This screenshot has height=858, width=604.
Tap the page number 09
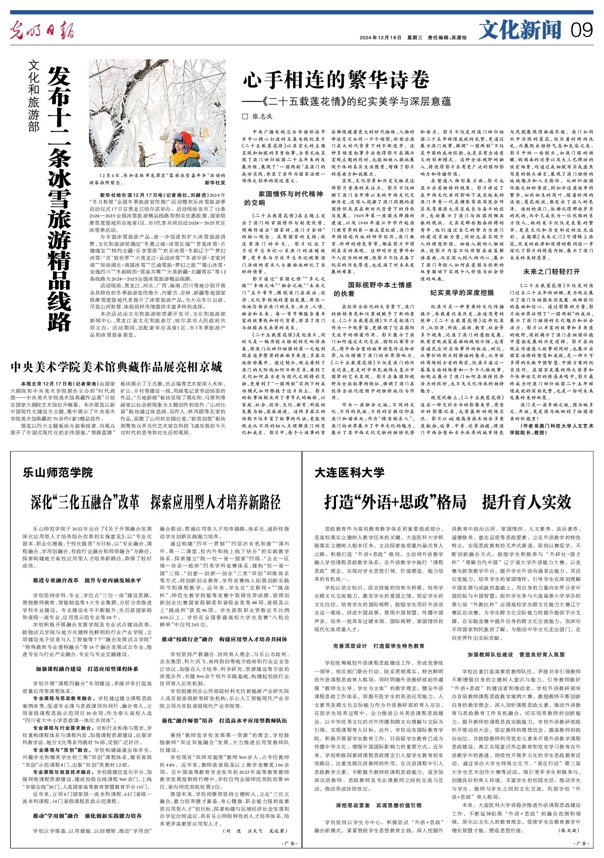582,30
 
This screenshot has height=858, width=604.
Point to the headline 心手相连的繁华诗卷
336,79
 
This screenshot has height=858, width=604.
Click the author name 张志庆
262,116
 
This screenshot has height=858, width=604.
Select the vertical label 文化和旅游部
33,96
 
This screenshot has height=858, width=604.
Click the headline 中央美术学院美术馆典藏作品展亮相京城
117,367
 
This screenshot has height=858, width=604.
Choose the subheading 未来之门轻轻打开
551,271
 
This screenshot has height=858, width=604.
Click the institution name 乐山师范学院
57,473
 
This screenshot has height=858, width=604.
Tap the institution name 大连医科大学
349,473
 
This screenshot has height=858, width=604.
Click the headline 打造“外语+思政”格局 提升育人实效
447,502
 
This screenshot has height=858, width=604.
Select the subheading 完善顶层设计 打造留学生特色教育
379,646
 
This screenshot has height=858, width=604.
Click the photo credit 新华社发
215,182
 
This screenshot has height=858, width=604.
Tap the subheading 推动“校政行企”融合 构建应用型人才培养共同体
224,639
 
